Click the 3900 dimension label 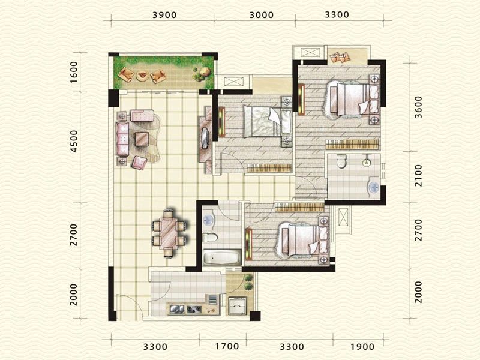[164, 14]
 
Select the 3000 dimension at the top [262, 14]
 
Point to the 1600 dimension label [74, 72]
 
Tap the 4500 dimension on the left [74, 141]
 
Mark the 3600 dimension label [418, 107]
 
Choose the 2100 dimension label [418, 176]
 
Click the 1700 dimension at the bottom [227, 346]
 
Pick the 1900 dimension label [362, 347]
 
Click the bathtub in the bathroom [222, 257]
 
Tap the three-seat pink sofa [122, 139]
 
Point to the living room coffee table [142, 139]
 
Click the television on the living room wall [205, 138]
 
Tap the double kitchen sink [176, 309]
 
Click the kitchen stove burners [194, 310]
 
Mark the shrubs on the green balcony [202, 74]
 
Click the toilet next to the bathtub [209, 237]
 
